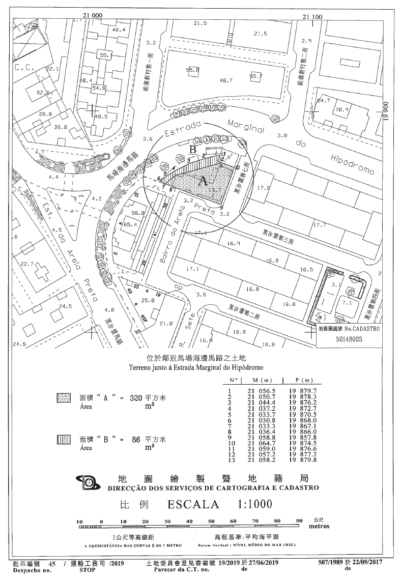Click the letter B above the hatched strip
coord(193,150)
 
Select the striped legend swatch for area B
coord(63,440)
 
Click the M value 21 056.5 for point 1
coord(261,390)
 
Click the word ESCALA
coord(193,504)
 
